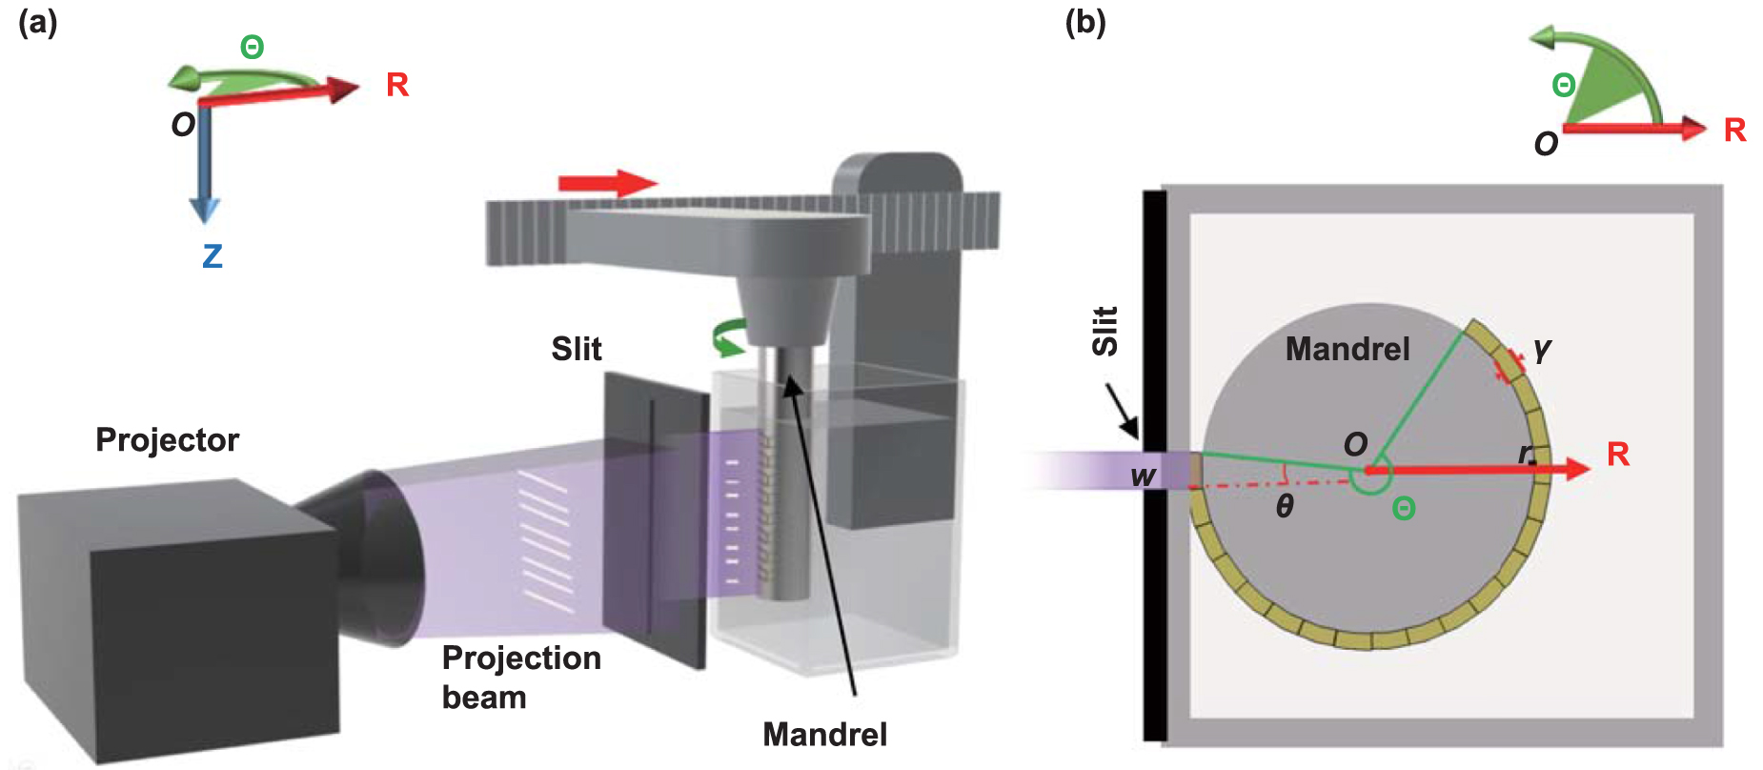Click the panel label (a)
point(38,22)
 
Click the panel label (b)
point(1084,22)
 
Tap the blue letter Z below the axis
point(212,255)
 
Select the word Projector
point(167,440)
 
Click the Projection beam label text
point(520,678)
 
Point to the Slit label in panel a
point(576,349)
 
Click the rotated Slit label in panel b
point(1104,332)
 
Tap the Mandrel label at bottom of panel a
point(824,735)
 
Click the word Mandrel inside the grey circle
point(1347,349)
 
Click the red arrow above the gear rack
point(607,183)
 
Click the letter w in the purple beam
point(1143,476)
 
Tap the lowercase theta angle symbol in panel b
point(1285,506)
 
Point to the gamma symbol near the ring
point(1542,350)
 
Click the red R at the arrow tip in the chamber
point(1617,454)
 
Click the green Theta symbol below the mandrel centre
point(1403,509)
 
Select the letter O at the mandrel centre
point(1355,444)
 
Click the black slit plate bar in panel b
point(1154,572)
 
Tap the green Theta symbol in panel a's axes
point(252,47)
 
